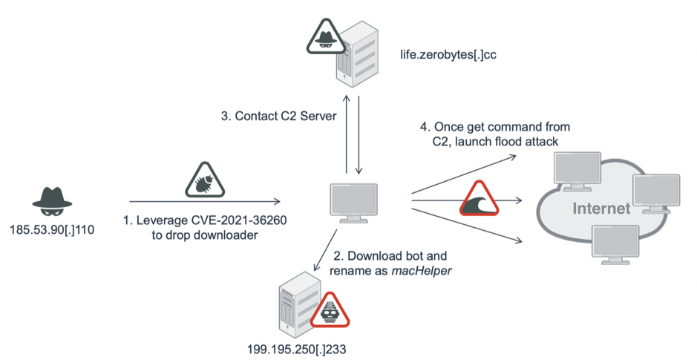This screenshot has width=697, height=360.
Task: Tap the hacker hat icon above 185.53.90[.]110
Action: click(x=52, y=197)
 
